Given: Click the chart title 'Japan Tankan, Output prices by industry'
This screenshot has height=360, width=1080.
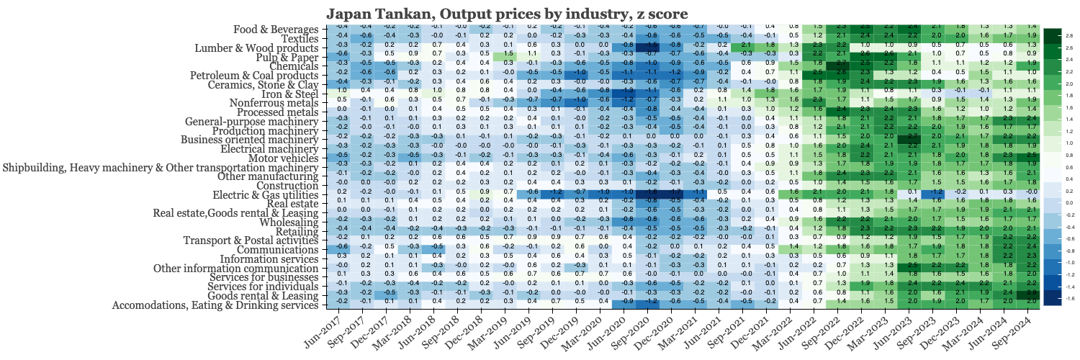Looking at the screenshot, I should [x=507, y=14].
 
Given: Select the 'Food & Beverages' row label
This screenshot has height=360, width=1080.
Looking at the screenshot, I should [x=276, y=30].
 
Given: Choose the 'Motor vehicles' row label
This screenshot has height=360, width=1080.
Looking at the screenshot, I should [x=283, y=158].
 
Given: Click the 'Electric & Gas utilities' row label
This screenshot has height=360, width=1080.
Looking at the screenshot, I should [x=264, y=195].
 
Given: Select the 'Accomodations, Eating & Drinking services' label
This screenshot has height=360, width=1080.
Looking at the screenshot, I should [x=215, y=305].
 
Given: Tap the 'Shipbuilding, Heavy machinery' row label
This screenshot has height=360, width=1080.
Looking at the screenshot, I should [x=161, y=168].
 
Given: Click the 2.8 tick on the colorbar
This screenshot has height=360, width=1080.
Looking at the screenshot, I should [x=1069, y=35].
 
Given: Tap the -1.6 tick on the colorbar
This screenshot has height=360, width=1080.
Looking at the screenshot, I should [x=1069, y=297].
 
